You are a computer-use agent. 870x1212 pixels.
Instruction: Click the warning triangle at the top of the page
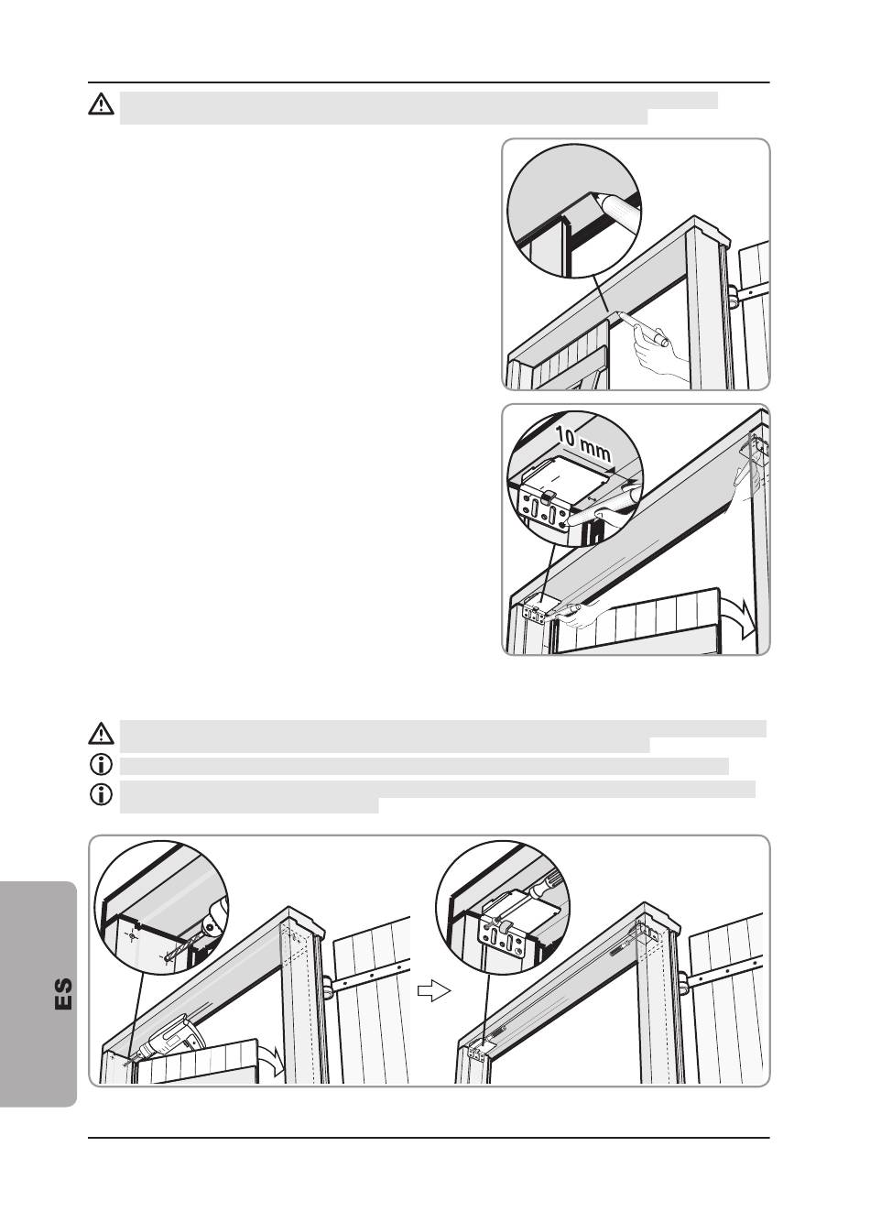[101, 104]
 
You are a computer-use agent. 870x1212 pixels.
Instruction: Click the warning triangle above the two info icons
[101, 733]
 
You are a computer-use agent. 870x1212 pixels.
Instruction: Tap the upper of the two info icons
[101, 765]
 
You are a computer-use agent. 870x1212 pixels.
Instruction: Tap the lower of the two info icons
[101, 794]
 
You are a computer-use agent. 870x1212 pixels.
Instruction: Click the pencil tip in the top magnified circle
[595, 198]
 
